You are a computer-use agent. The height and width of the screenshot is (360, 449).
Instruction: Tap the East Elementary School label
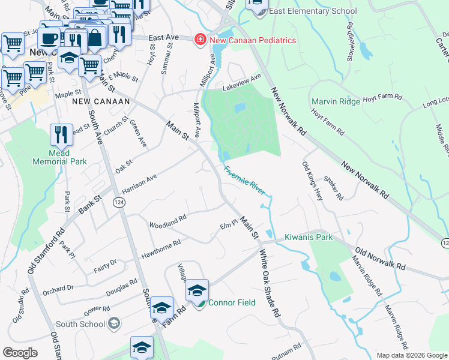(313, 11)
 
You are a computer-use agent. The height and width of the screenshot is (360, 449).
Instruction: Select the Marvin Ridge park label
(336, 101)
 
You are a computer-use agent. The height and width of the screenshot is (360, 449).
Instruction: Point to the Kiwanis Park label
(309, 237)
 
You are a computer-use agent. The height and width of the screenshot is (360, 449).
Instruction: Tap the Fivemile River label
(244, 179)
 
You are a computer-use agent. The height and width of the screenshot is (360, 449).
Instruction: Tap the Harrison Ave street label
(139, 184)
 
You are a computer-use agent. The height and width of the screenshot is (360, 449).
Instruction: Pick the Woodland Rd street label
(168, 220)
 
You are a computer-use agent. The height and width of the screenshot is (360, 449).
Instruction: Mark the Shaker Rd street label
(333, 188)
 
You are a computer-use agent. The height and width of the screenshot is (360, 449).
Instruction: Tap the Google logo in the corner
(20, 353)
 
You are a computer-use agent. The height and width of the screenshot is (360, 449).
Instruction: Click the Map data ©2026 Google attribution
(411, 355)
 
